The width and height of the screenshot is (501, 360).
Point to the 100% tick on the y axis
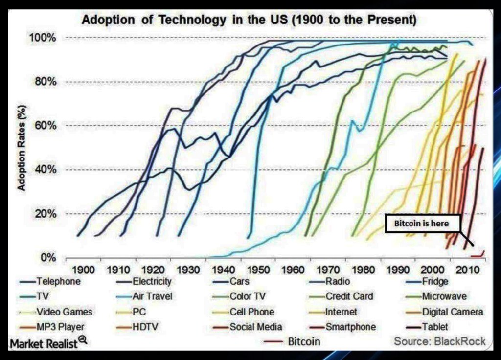pos(45,38)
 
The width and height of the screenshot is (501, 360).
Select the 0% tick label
pos(49,258)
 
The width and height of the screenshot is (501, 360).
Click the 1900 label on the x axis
pos(84,270)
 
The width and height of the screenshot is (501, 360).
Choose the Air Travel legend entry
pos(152,296)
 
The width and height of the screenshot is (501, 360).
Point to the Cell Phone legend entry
pos(251,312)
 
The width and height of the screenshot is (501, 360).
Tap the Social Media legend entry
pos(255,327)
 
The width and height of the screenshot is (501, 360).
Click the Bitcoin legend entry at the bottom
pos(304,341)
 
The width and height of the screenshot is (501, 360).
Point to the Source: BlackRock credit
pos(440,341)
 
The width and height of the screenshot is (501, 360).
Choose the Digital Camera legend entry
pos(452,312)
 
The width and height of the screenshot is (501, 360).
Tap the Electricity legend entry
pos(152,281)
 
